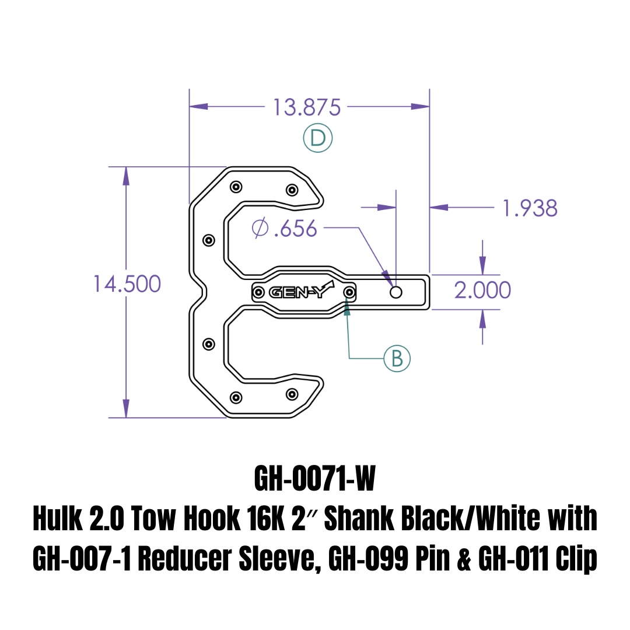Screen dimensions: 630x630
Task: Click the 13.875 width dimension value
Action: coord(307,108)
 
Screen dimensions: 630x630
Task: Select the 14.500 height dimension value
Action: coord(127,284)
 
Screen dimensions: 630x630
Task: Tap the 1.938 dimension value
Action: coord(530,208)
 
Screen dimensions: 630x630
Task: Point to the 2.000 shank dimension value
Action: coord(482,290)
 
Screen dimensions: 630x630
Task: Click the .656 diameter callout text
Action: coord(296,229)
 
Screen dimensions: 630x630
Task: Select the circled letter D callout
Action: coord(318,138)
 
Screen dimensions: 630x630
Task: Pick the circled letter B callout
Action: coord(397,358)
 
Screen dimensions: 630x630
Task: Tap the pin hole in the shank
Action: coord(395,292)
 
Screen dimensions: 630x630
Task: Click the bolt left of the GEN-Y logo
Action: coord(258,292)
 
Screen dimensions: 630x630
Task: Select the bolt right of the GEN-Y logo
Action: coord(349,292)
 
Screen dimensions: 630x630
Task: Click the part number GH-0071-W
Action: coord(315,478)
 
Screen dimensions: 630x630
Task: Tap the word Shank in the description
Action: coord(359,519)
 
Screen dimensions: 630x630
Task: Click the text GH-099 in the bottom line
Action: coord(368,559)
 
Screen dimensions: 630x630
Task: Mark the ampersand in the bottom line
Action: coord(464,559)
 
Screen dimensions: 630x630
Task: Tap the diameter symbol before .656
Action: coord(260,228)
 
